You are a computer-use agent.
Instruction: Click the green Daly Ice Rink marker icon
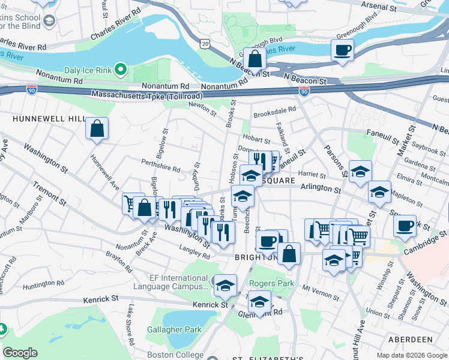tap(121, 70)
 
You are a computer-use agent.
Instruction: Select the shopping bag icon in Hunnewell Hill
tap(97, 128)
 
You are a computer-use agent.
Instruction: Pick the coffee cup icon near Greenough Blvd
tap(342, 50)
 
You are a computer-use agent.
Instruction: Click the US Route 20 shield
tap(206, 44)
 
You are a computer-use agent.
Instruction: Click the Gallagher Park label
tap(174, 329)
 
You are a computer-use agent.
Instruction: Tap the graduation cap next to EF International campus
tap(225, 285)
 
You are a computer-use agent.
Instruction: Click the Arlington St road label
tap(321, 189)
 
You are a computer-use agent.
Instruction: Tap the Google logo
tap(20, 353)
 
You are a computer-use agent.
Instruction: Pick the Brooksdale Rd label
tap(274, 110)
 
